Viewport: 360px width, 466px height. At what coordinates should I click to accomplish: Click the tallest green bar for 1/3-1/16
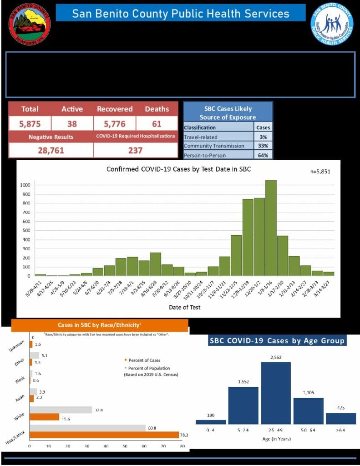click(x=271, y=228)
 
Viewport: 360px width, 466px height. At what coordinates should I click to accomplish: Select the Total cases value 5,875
click(x=30, y=123)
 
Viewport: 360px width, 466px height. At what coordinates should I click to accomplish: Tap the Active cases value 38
click(x=72, y=123)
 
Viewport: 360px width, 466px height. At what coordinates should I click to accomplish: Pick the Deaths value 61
click(x=157, y=123)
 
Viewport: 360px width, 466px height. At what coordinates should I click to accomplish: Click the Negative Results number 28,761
click(x=51, y=150)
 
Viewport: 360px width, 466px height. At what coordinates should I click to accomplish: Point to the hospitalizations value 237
click(x=135, y=150)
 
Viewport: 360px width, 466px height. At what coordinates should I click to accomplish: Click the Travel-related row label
click(x=201, y=137)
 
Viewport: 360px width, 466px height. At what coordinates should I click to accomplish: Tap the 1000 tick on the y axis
click(x=25, y=185)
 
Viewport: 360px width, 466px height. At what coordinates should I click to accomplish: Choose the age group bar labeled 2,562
click(x=276, y=393)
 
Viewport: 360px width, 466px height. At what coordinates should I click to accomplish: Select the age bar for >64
click(x=341, y=418)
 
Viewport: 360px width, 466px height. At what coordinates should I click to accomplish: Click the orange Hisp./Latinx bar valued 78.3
click(x=104, y=435)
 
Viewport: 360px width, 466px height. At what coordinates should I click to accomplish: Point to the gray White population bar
click(x=61, y=410)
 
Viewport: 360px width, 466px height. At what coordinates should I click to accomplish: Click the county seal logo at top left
click(x=30, y=24)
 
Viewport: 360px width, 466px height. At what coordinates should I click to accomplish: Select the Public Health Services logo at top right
click(x=332, y=24)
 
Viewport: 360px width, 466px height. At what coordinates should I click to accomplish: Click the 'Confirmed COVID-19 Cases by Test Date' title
click(x=179, y=169)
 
